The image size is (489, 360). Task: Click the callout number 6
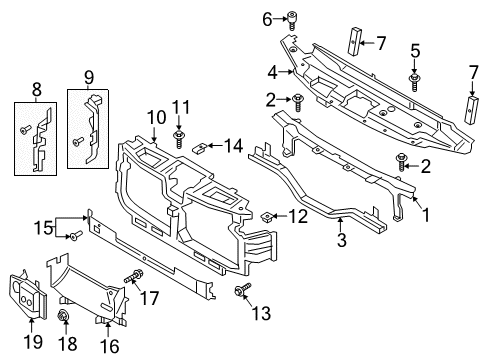click(267, 18)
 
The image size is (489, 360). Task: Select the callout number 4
click(271, 72)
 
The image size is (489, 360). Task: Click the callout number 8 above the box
click(37, 88)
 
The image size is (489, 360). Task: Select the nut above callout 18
click(64, 318)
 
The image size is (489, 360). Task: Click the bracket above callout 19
click(30, 296)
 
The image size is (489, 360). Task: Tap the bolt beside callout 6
click(292, 17)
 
